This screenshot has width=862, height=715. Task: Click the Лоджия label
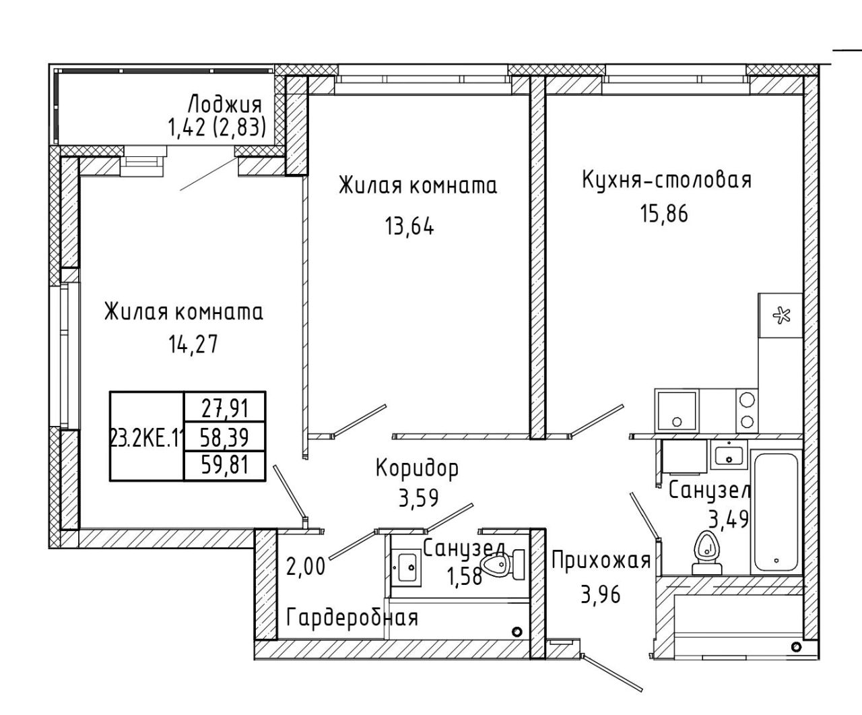coord(225,104)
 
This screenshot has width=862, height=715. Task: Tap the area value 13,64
coord(409,226)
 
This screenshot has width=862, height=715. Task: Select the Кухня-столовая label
coord(667,181)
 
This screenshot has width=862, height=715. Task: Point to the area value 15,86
coord(664,214)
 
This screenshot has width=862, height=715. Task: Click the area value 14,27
coord(193,344)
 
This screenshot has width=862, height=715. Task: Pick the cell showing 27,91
coord(224,408)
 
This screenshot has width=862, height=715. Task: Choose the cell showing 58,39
coord(224,437)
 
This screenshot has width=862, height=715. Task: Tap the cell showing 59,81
coord(224,465)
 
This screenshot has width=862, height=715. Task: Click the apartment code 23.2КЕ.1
coord(147,437)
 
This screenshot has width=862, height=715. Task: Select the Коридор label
coord(417,469)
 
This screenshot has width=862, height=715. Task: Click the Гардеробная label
coord(352,618)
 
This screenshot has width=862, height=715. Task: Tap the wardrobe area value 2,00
coord(306,567)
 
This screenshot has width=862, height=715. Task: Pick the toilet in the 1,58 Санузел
coord(503,565)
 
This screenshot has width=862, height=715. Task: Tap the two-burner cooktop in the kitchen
coord(747,411)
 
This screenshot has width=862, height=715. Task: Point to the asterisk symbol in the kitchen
coord(781,317)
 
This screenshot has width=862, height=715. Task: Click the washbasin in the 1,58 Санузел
coord(405,567)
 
